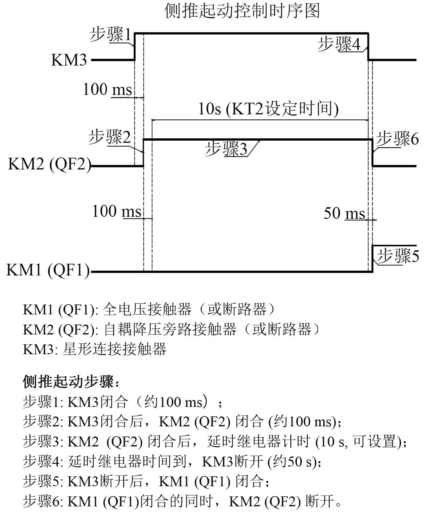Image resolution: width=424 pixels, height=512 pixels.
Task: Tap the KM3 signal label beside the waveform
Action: [69, 60]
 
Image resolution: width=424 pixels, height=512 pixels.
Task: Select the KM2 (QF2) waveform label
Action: [49, 164]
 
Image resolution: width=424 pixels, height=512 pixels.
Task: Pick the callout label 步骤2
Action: [110, 137]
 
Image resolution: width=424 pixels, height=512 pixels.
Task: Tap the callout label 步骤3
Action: [227, 149]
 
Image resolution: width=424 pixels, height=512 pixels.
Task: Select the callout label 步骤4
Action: [339, 44]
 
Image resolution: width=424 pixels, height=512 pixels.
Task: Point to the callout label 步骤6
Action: [397, 139]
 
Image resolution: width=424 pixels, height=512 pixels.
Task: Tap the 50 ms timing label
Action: [344, 213]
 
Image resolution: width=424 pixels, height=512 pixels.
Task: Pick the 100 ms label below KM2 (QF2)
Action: [116, 211]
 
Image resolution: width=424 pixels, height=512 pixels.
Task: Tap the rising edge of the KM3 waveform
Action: [135, 46]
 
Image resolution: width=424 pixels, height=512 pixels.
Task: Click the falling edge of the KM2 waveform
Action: [373, 153]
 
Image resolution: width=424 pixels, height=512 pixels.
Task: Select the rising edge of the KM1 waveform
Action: [372, 258]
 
